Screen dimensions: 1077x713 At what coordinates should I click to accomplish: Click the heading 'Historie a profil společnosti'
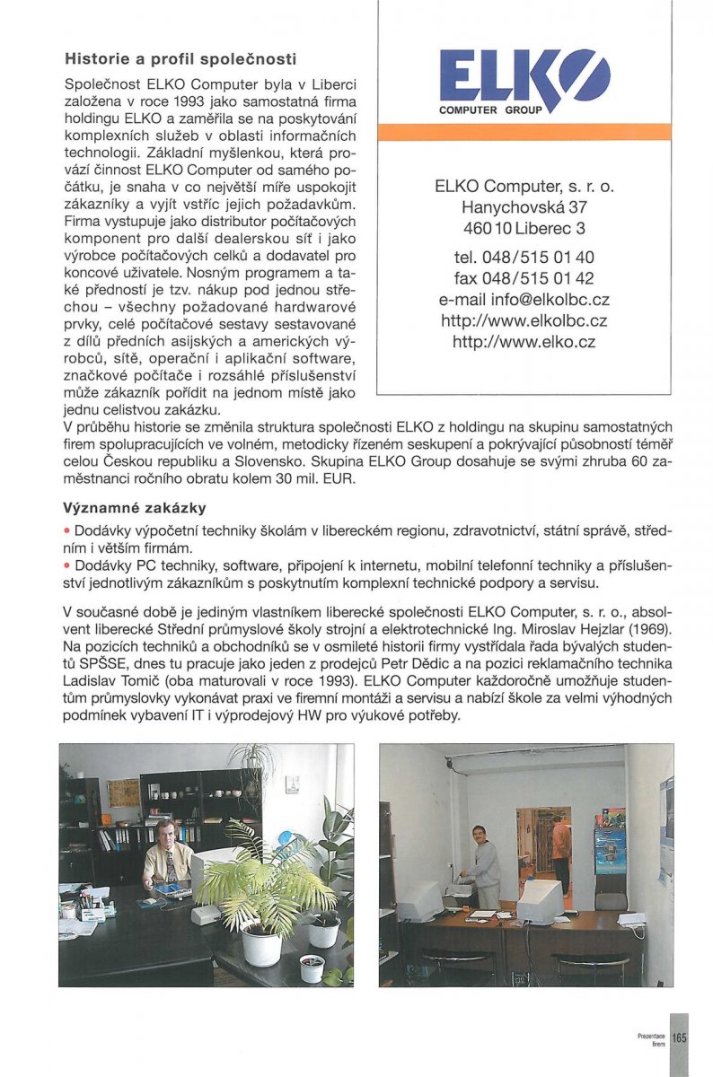pyautogui.click(x=180, y=60)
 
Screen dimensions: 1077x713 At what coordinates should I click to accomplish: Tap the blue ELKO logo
pyautogui.click(x=524, y=79)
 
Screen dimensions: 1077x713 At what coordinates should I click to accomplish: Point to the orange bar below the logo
pyautogui.click(x=524, y=132)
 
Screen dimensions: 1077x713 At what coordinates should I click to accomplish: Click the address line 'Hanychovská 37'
pyautogui.click(x=524, y=207)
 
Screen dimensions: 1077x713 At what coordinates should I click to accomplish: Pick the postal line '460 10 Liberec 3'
pyautogui.click(x=524, y=228)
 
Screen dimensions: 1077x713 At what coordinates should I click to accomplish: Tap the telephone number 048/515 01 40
pyautogui.click(x=524, y=258)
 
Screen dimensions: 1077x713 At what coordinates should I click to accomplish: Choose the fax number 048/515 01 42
pyautogui.click(x=524, y=279)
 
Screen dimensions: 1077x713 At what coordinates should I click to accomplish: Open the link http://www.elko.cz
pyautogui.click(x=524, y=341)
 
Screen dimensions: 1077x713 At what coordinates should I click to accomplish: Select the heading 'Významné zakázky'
pyautogui.click(x=135, y=509)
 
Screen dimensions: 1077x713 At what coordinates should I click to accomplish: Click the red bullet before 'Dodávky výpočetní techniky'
pyautogui.click(x=67, y=532)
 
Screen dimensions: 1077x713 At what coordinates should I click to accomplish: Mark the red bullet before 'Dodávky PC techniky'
pyautogui.click(x=67, y=567)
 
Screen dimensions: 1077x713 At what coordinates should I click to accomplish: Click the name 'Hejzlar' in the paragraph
pyautogui.click(x=595, y=630)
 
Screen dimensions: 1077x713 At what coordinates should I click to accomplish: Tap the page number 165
pyautogui.click(x=679, y=1038)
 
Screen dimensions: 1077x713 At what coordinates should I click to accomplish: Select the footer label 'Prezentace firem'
pyautogui.click(x=651, y=1039)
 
